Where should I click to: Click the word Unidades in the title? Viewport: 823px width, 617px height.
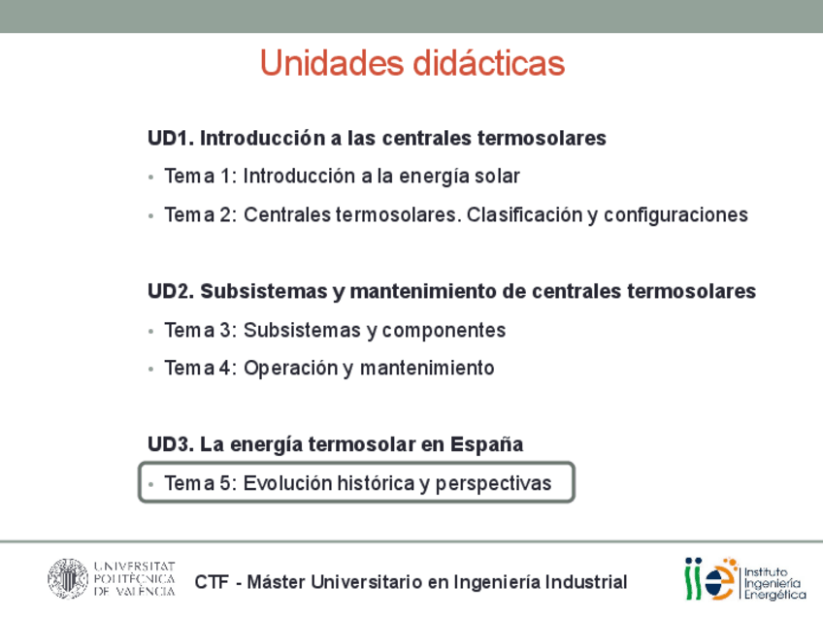(x=332, y=63)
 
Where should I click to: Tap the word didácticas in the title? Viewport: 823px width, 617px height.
(x=489, y=63)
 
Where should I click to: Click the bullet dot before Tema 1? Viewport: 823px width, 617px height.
(x=151, y=178)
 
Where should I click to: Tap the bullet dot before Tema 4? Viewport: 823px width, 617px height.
(x=151, y=370)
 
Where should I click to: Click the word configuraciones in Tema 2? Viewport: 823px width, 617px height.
(x=676, y=216)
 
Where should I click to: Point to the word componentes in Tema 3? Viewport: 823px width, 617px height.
(x=444, y=332)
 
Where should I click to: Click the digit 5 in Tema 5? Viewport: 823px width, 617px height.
(x=224, y=483)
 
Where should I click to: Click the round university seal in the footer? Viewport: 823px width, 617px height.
(x=68, y=579)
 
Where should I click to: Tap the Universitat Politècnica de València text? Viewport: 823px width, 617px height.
(x=134, y=579)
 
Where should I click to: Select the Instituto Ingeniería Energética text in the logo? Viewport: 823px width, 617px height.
(x=774, y=583)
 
